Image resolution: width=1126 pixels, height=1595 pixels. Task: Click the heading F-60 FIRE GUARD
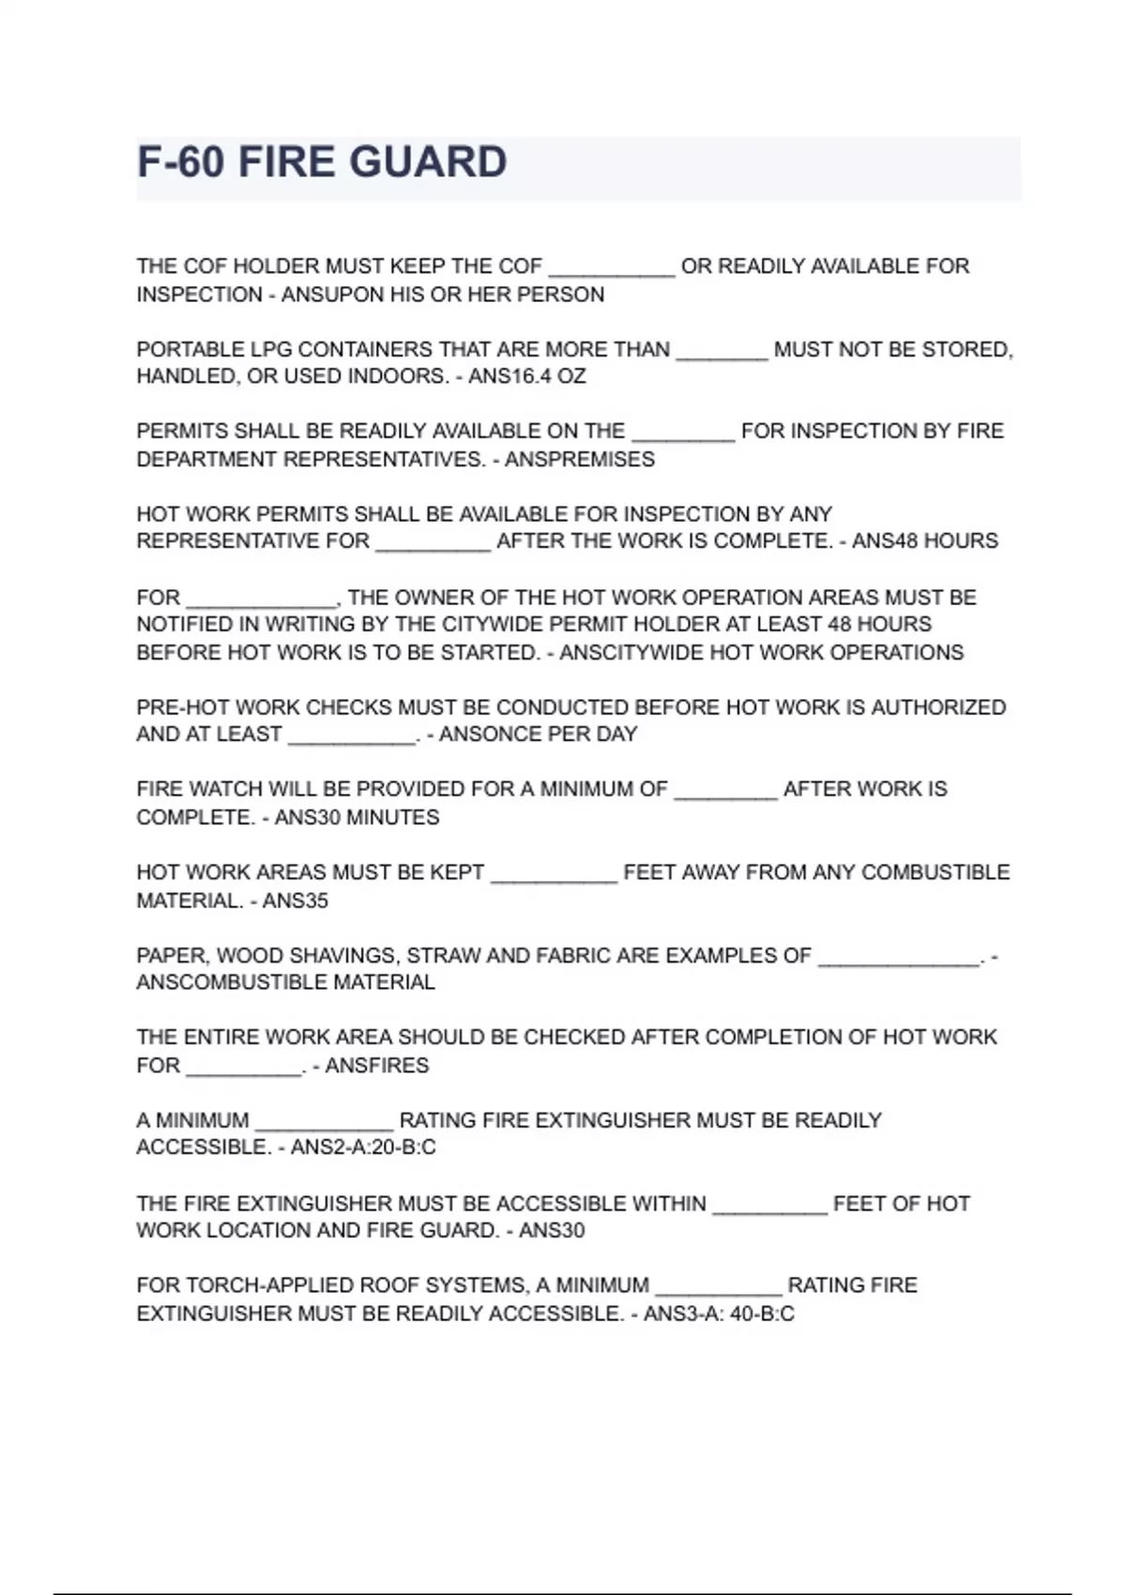(322, 162)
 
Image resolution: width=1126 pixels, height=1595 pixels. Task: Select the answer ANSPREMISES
(580, 460)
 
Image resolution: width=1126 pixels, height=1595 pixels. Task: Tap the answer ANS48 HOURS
(924, 541)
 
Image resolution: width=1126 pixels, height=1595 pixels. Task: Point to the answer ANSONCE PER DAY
(538, 735)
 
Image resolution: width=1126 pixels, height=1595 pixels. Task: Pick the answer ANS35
(295, 902)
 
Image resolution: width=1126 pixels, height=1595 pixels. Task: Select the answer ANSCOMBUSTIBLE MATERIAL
(286, 983)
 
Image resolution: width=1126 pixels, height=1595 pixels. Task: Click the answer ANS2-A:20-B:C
(363, 1147)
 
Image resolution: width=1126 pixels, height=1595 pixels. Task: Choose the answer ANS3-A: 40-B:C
(719, 1314)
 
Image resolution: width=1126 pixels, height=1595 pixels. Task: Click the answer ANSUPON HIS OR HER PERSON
(443, 296)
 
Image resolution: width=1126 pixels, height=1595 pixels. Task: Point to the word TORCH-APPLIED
(268, 1285)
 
